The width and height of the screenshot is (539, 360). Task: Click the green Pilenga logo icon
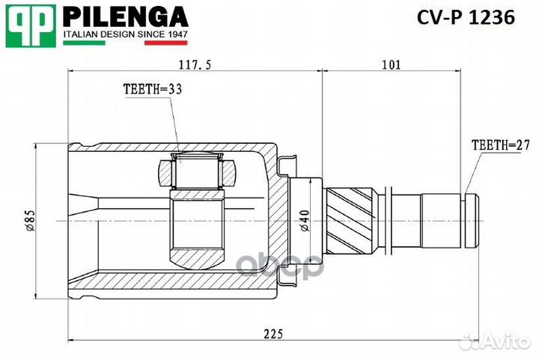tap(30, 22)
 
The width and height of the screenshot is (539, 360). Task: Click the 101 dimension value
tap(391, 66)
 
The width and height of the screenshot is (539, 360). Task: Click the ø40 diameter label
tap(302, 222)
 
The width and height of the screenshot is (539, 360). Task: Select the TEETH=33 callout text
tap(153, 89)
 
